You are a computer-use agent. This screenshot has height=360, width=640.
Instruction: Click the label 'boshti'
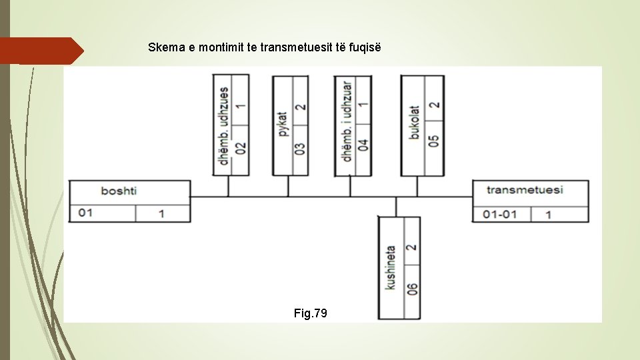(x=119, y=191)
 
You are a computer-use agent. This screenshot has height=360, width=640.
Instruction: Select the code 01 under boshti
(x=86, y=213)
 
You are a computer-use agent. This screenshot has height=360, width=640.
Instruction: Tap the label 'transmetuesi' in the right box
(x=525, y=190)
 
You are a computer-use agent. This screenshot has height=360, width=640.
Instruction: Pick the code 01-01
(x=499, y=214)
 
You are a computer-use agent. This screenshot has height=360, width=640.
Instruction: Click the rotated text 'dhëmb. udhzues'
(x=223, y=125)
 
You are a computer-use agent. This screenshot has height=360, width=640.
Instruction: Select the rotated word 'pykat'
(x=282, y=125)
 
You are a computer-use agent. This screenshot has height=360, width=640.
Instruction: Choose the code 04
(x=363, y=145)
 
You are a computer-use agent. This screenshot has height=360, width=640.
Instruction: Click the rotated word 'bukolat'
(x=414, y=123)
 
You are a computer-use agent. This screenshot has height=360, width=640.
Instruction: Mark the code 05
(x=434, y=141)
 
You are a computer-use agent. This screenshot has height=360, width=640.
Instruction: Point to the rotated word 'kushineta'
(x=391, y=267)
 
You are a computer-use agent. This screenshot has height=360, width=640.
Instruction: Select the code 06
(x=412, y=289)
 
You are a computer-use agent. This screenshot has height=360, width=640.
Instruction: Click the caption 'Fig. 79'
(x=311, y=313)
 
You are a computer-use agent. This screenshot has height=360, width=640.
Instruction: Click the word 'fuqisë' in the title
(x=365, y=48)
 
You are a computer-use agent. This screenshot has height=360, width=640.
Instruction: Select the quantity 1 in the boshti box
(x=161, y=214)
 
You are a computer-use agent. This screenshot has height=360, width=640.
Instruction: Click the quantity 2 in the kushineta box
(x=411, y=246)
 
